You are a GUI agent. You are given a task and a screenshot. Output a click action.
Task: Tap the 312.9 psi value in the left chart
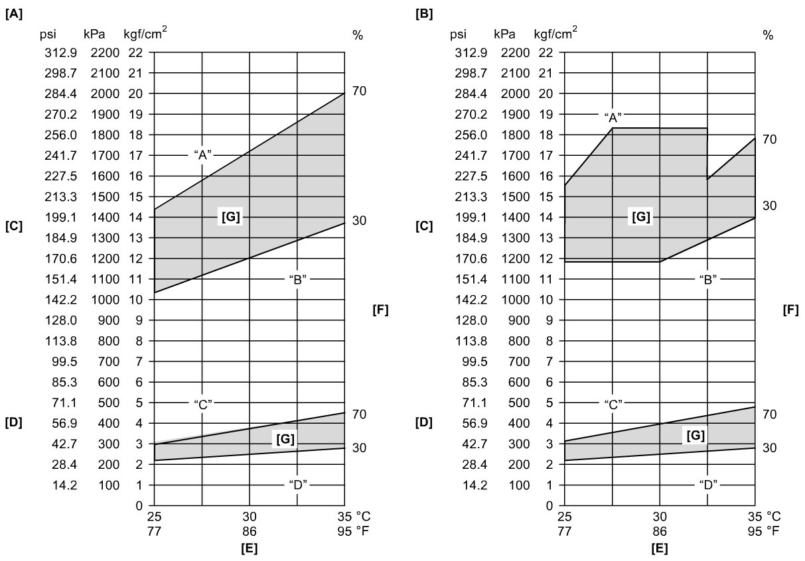60,52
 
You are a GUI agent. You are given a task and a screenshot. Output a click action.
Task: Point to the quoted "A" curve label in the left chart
202,155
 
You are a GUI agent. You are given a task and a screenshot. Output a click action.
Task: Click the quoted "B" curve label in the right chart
707,279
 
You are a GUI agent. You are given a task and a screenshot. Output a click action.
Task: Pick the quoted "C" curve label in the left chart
202,403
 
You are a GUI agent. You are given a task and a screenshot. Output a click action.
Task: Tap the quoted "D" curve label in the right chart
707,485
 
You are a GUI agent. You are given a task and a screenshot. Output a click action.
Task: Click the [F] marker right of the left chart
380,309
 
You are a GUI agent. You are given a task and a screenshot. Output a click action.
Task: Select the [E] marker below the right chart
659,548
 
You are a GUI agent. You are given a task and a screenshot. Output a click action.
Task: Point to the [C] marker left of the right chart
423,226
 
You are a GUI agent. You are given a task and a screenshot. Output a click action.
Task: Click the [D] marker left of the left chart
14,422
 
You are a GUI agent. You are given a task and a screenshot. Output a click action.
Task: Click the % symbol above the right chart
768,36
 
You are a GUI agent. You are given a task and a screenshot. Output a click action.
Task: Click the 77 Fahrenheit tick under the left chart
155,530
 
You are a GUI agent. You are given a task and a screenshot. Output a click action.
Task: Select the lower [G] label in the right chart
694,435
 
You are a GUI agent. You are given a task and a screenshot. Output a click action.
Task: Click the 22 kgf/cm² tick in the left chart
135,52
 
